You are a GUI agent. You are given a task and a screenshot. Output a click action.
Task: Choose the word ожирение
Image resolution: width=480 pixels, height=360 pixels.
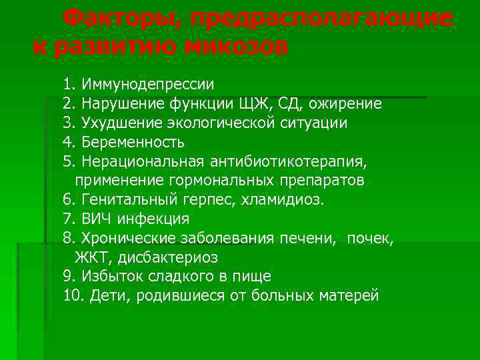(x=352, y=104)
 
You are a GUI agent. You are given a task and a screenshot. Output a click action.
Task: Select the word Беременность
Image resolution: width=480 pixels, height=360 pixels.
(x=133, y=143)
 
